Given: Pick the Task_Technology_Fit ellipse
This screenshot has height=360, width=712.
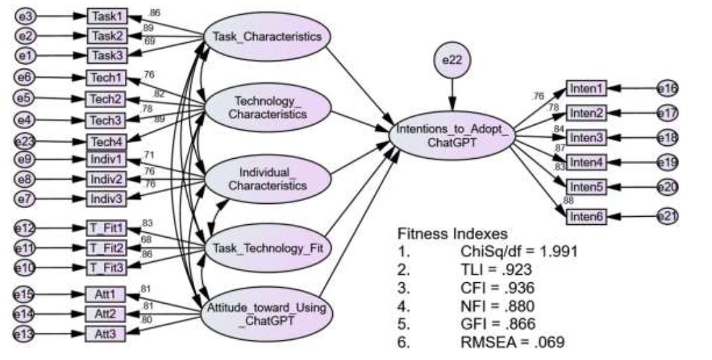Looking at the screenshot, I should tap(267, 248).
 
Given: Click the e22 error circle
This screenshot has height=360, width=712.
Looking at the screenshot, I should tap(451, 61).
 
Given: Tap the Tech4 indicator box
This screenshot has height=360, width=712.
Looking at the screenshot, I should tap(106, 142).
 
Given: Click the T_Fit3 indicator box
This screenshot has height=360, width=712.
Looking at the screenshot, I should tap(106, 268).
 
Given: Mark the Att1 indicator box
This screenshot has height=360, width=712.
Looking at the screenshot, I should tap(105, 294).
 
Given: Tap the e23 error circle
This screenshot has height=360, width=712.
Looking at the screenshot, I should tap(26, 142).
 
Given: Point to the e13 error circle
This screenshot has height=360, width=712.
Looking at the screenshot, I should tap(26, 333).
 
